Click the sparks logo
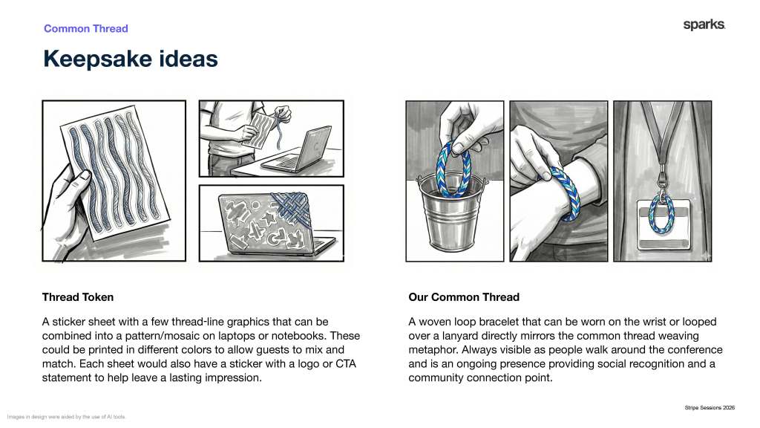(x=704, y=25)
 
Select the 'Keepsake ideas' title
(x=131, y=59)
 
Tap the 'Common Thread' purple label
(x=86, y=29)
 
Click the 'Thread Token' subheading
(x=77, y=297)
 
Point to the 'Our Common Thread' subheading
(x=464, y=297)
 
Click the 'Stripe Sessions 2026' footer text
(x=710, y=408)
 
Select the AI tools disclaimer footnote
(x=66, y=417)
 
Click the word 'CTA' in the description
(x=346, y=363)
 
